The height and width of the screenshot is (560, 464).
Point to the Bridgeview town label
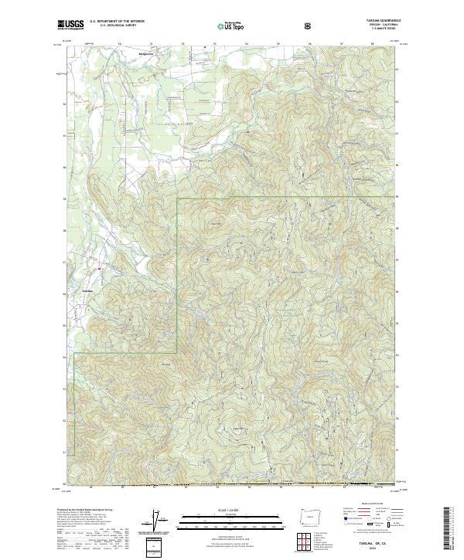145,53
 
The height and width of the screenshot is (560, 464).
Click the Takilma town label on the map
88,290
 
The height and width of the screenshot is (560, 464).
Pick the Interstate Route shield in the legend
346,529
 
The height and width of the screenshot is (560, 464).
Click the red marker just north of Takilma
99,269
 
